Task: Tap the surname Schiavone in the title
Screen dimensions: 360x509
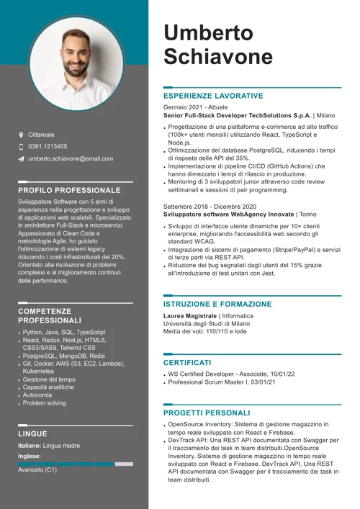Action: point(219,57)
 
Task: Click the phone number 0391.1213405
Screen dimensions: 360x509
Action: point(48,146)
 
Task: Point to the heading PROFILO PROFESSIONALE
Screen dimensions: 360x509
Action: point(70,190)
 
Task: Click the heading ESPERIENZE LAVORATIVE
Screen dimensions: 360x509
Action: point(213,96)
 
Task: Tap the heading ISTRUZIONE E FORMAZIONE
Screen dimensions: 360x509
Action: point(217,305)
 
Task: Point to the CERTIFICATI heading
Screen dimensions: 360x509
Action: point(187,363)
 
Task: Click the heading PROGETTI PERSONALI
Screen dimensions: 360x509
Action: point(207,413)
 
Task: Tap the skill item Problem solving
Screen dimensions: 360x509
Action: point(45,403)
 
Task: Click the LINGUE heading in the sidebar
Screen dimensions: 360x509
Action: point(33,434)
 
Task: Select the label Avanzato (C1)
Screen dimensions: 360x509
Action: point(37,470)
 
